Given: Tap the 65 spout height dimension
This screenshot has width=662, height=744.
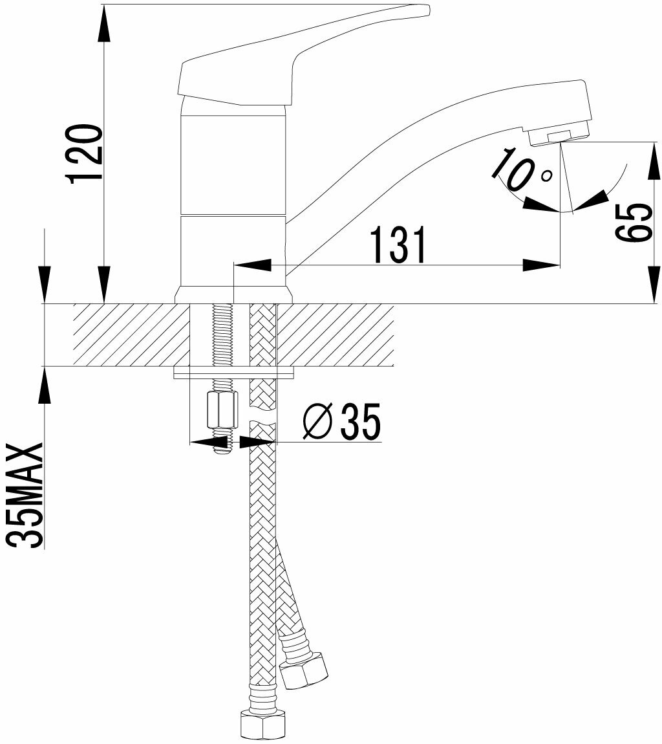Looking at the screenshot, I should coord(630,223).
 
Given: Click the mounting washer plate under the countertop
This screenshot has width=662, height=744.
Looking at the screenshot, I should coord(233,372).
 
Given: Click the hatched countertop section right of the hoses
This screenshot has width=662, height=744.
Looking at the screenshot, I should coord(336,334).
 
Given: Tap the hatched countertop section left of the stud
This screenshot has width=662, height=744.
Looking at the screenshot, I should coord(129,334).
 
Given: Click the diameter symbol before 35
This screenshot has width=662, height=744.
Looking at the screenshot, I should coord(318,422).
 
